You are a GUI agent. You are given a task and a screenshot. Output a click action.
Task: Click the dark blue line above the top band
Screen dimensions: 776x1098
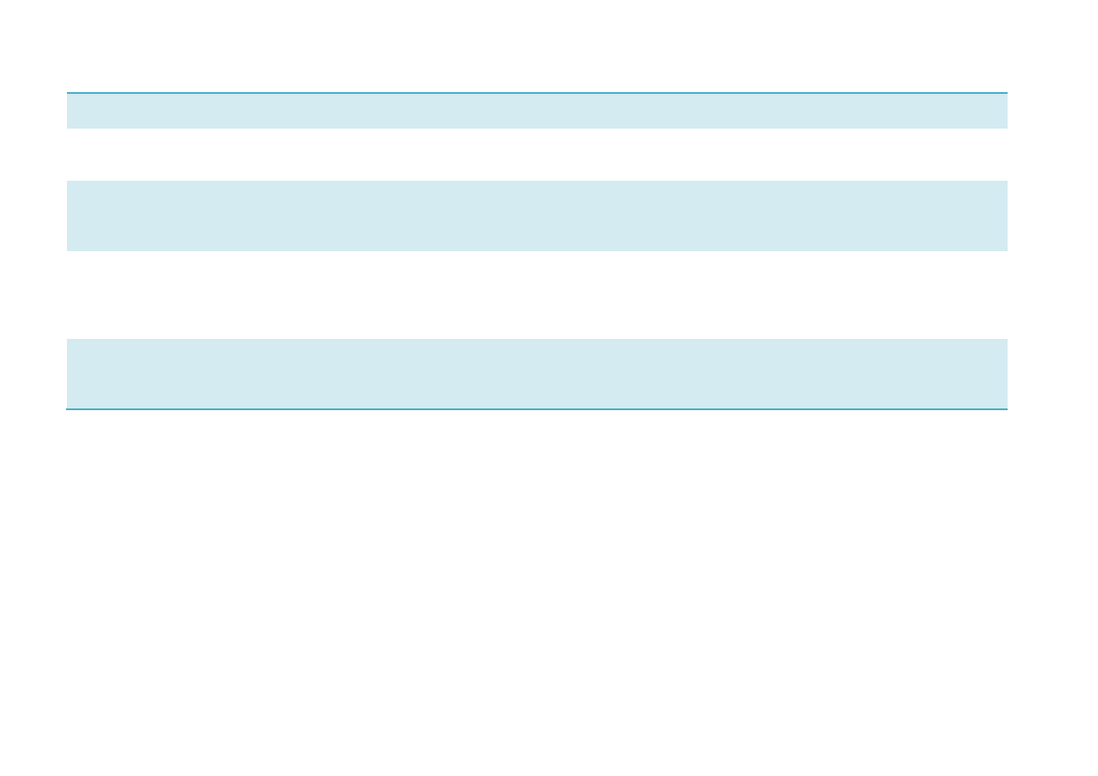coord(536,92)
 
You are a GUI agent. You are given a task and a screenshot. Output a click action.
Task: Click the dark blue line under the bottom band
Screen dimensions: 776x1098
coord(536,408)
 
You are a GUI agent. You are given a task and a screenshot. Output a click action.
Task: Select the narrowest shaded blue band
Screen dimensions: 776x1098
coord(536,111)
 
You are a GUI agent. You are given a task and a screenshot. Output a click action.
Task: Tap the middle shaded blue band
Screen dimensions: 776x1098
coord(536,216)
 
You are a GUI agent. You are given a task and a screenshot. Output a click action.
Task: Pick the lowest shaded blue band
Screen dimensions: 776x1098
coord(536,373)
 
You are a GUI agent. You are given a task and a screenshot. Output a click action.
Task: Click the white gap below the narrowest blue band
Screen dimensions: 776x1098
coord(536,155)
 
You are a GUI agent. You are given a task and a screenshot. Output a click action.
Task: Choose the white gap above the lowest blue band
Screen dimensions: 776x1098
coord(536,295)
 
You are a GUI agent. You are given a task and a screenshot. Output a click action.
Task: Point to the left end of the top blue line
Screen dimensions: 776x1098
coord(68,92)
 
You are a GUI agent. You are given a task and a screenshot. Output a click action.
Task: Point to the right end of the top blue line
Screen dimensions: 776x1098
coord(1006,92)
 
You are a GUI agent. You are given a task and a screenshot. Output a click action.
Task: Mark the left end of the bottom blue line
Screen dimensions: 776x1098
coord(68,408)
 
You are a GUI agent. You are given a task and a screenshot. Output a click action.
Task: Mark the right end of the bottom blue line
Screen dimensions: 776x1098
coord(1006,408)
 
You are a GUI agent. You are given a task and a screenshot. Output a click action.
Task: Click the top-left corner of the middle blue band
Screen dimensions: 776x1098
coord(68,182)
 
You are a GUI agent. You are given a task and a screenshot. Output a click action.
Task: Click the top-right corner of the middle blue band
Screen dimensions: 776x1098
coord(1006,182)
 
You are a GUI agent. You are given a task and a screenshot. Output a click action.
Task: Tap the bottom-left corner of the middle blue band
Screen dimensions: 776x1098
coord(68,249)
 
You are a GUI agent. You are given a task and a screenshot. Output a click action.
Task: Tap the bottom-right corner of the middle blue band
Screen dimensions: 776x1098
coord(1006,249)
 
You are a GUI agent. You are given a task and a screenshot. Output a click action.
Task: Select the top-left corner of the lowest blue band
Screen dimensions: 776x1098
coord(68,340)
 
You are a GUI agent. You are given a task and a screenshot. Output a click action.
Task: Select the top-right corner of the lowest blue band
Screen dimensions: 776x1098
coord(1006,340)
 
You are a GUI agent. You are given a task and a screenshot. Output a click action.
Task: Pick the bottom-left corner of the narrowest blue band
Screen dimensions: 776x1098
coord(68,128)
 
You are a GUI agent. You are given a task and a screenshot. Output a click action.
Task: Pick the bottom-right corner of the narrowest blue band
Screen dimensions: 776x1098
coord(1006,128)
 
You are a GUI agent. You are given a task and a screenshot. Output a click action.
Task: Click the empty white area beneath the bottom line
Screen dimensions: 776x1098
coord(536,591)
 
